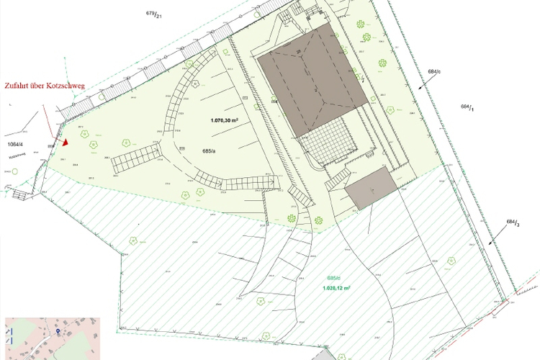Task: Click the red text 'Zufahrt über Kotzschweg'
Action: (44, 86)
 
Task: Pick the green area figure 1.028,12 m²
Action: (336, 287)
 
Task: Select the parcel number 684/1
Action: (467, 107)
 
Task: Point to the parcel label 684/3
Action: (513, 223)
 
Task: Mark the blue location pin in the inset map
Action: (58, 332)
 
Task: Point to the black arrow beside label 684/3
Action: (496, 238)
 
